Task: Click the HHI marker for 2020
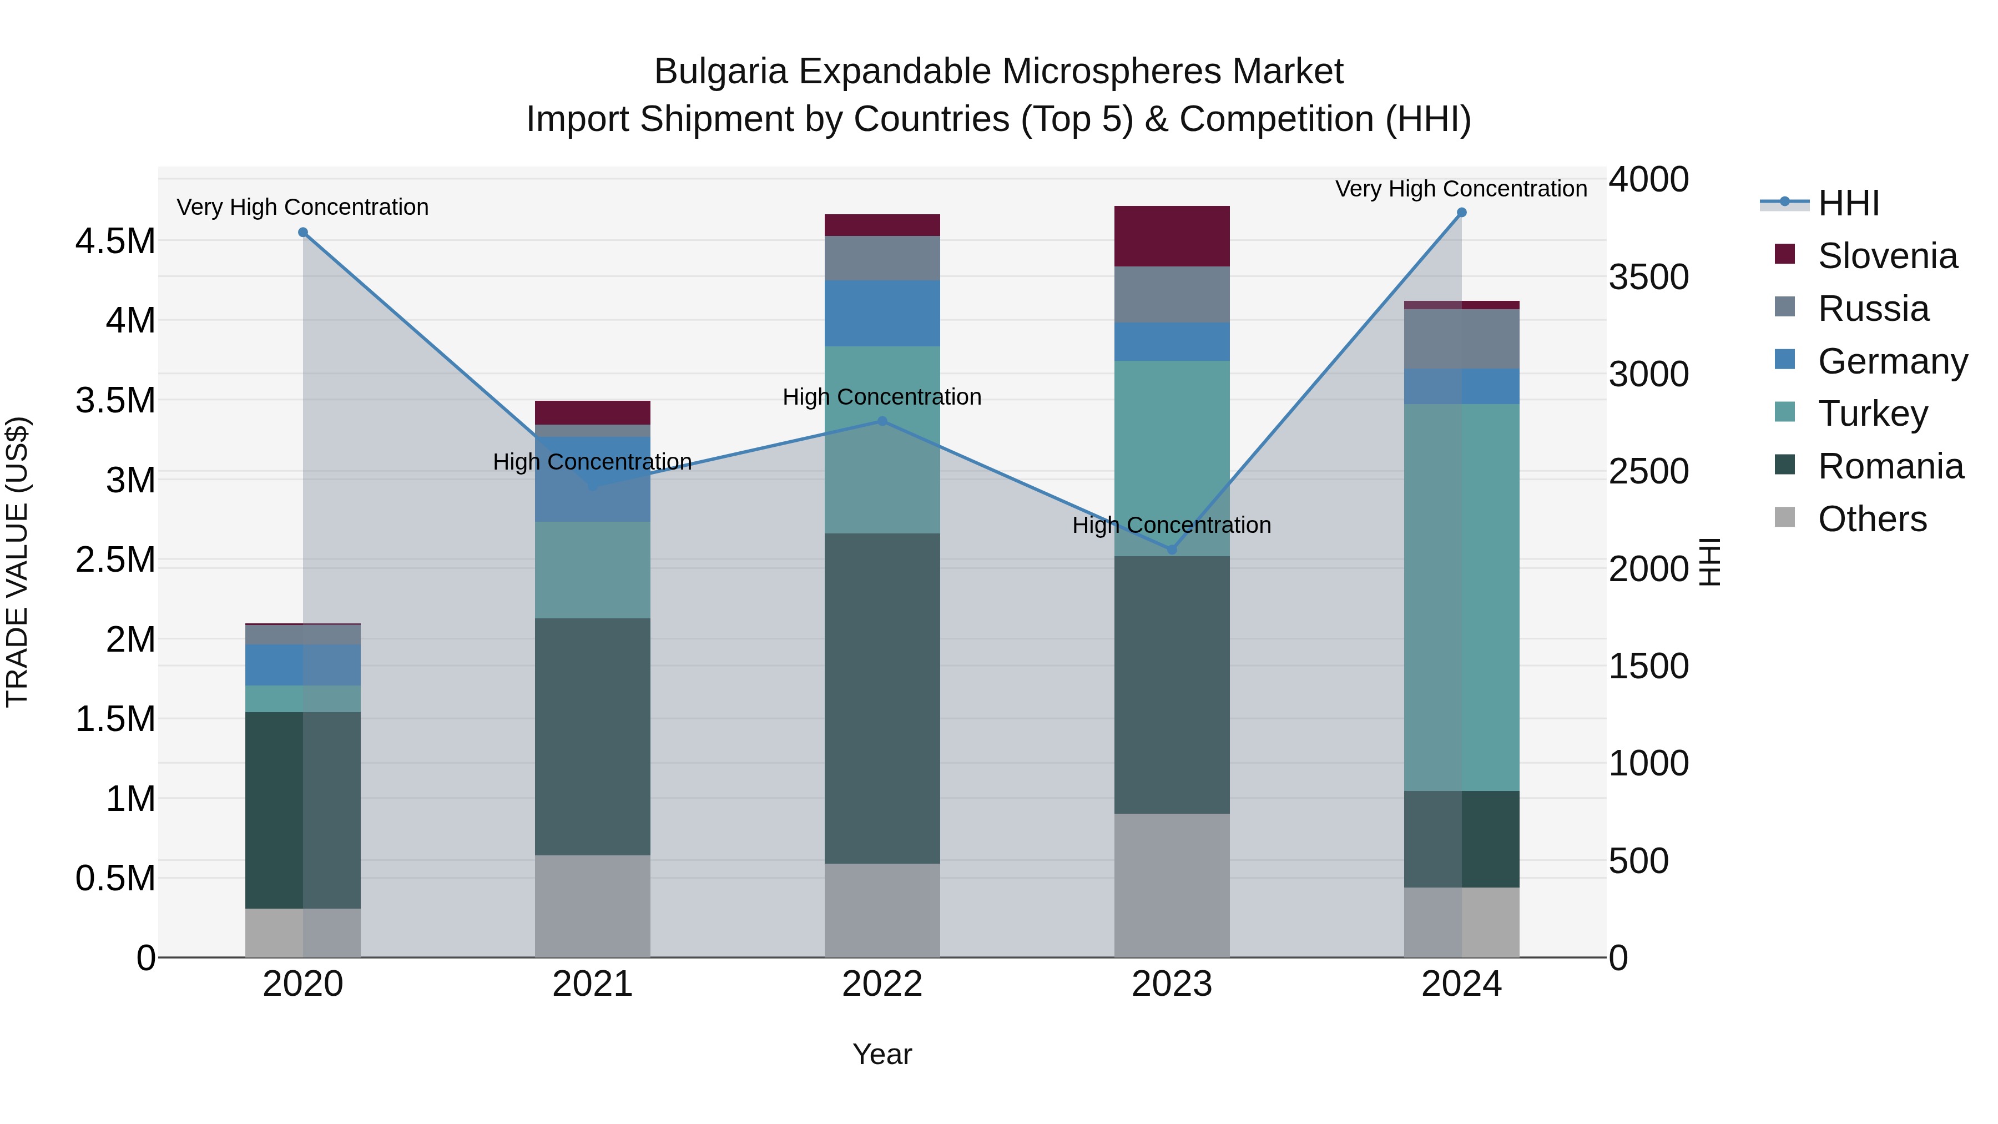(x=303, y=233)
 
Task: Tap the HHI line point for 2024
(x=1461, y=213)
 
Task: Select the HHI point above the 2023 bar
(x=1172, y=550)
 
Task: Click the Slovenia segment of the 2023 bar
(x=1172, y=236)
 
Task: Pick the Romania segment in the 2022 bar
(x=882, y=698)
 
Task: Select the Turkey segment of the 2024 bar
(x=1461, y=597)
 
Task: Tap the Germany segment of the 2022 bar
(x=882, y=314)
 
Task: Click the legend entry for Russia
(x=1873, y=309)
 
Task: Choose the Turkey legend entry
(x=1873, y=414)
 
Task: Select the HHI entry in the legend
(x=1848, y=203)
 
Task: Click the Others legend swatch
(x=1785, y=517)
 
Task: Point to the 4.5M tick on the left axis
(x=115, y=241)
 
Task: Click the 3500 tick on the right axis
(x=1648, y=277)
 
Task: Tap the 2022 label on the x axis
(x=882, y=984)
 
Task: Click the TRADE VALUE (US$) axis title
(x=17, y=562)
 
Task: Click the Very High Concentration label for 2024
(x=1461, y=189)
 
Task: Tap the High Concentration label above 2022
(x=882, y=397)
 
